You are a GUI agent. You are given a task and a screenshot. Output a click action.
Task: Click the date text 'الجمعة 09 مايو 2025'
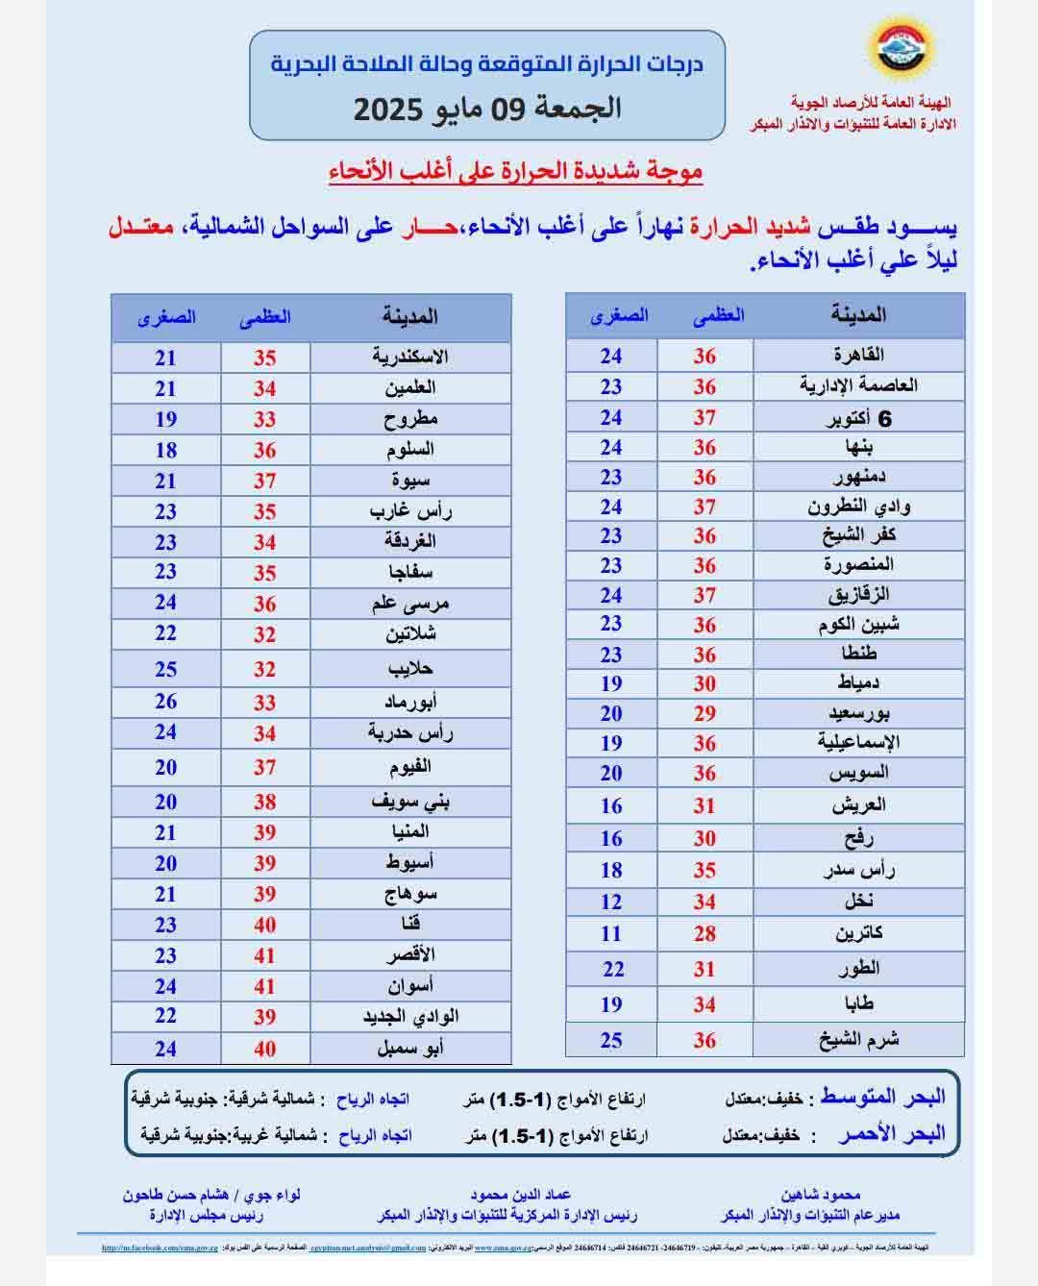[487, 108]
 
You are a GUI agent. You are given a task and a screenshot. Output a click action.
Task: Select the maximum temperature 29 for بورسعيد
[704, 714]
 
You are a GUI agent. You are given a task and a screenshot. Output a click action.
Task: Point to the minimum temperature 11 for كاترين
[611, 933]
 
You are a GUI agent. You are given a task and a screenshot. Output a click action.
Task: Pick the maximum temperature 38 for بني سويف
[264, 802]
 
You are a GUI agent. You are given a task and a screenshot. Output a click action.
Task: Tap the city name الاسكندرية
[410, 357]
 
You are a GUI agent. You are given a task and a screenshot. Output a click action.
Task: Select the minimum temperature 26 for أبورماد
[165, 702]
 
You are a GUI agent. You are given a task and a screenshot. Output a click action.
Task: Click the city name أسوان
[410, 986]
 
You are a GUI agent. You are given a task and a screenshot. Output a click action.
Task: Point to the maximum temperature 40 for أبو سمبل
[264, 1049]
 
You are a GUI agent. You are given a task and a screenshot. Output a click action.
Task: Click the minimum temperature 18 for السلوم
[165, 450]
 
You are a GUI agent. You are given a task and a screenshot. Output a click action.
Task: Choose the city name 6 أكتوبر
[859, 418]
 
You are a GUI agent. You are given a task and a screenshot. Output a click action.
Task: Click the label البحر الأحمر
[892, 1134]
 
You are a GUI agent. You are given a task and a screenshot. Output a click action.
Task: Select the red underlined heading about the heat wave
[515, 173]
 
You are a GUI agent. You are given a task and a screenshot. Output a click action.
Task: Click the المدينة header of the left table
[409, 316]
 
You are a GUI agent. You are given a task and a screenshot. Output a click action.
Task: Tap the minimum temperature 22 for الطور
[613, 969]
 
